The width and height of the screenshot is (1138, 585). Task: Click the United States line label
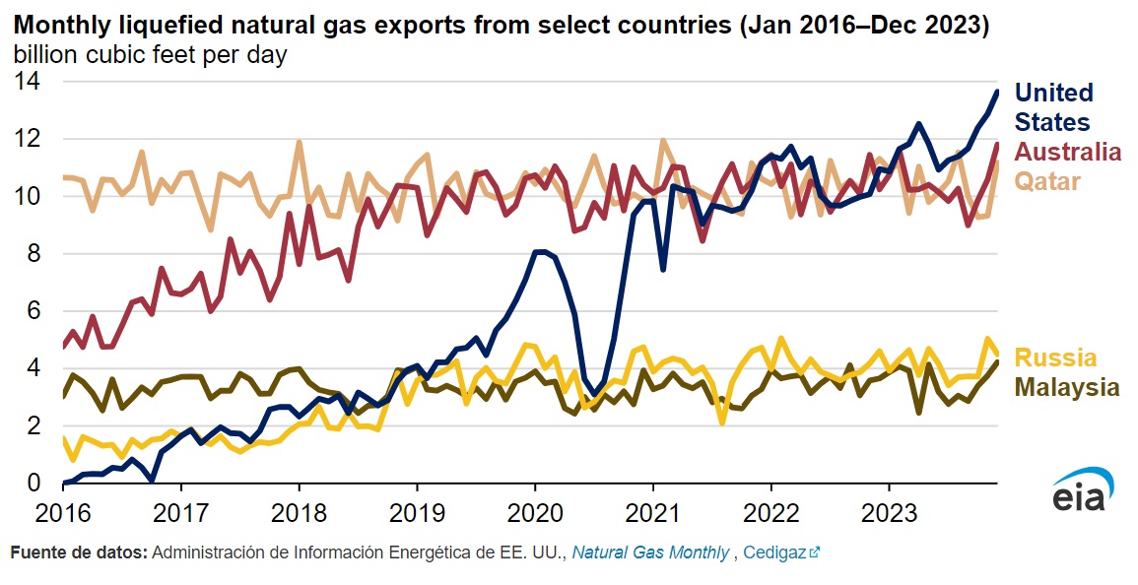pos(1053,107)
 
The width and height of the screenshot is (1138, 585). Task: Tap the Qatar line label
pos(1048,181)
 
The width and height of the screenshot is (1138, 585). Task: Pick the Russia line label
pos(1055,357)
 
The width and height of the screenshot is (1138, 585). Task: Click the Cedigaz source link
pos(774,553)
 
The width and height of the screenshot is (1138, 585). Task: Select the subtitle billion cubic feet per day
pos(150,55)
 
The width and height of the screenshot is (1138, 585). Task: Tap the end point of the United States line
pos(997,92)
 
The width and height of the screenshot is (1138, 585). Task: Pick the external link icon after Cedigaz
pos(814,553)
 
